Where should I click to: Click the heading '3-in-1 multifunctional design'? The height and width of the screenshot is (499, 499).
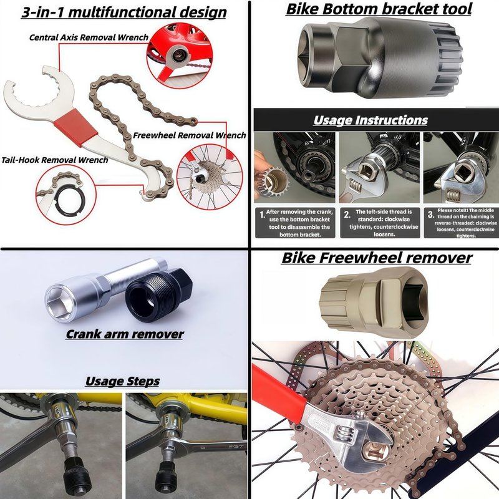[124, 12]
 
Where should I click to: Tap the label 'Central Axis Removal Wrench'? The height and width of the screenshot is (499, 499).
[89, 37]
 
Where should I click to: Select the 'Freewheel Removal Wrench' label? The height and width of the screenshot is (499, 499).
[190, 135]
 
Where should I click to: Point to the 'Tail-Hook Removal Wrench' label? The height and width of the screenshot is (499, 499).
[54, 160]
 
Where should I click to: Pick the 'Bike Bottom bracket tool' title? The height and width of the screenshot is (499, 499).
[379, 9]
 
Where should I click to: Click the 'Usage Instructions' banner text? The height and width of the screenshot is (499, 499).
[371, 120]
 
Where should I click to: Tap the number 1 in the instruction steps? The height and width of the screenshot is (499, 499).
[262, 215]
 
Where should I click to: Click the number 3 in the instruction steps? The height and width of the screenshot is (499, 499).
[430, 214]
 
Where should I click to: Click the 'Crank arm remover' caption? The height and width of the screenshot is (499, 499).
[124, 334]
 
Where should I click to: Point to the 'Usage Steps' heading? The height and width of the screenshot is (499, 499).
[122, 381]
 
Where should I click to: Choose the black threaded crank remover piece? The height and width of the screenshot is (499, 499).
[158, 294]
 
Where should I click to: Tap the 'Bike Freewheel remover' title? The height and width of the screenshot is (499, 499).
[377, 258]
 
